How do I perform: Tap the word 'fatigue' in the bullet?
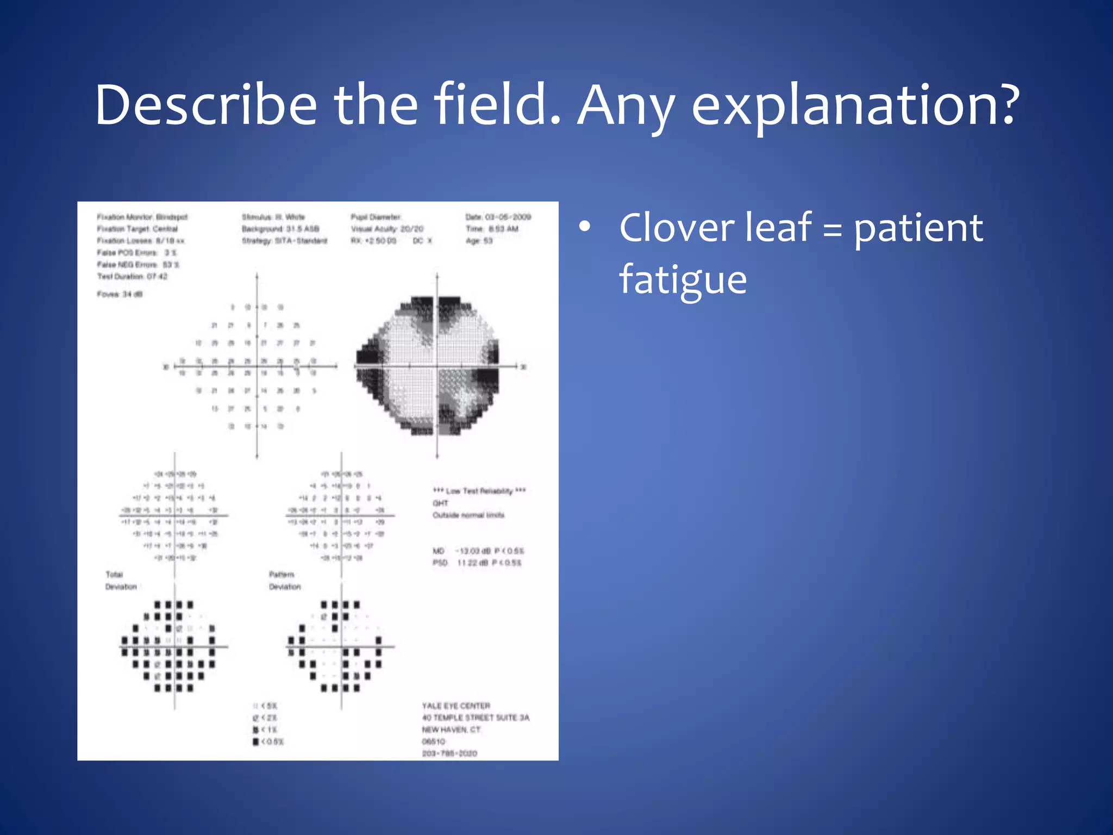pyautogui.click(x=683, y=279)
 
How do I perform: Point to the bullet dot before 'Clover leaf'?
pyautogui.click(x=584, y=228)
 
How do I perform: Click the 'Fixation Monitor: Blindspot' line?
pyautogui.click(x=142, y=217)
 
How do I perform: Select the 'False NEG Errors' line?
pyautogui.click(x=138, y=265)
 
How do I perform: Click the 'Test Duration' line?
pyautogui.click(x=132, y=277)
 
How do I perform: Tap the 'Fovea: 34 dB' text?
pyautogui.click(x=120, y=294)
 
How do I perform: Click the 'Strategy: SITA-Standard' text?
pyautogui.click(x=284, y=241)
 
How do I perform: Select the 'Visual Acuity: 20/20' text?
pyautogui.click(x=387, y=229)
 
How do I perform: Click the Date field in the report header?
pyautogui.click(x=498, y=217)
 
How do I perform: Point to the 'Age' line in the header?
pyautogui.click(x=479, y=241)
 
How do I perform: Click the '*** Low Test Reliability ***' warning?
pyautogui.click(x=479, y=491)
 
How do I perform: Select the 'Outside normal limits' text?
pyautogui.click(x=468, y=515)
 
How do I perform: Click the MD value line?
pyautogui.click(x=478, y=551)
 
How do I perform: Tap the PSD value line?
pyautogui.click(x=477, y=563)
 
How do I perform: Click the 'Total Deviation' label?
pyautogui.click(x=120, y=581)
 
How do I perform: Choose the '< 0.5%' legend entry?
pyautogui.click(x=268, y=741)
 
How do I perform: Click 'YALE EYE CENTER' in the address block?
pyautogui.click(x=456, y=706)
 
